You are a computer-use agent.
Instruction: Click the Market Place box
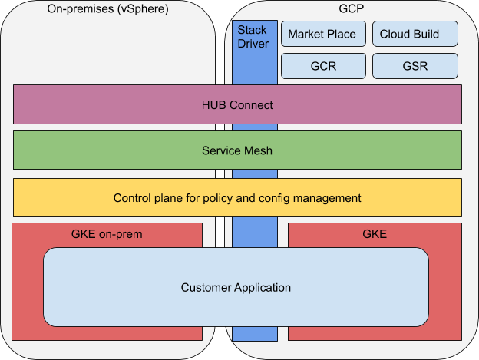(x=322, y=35)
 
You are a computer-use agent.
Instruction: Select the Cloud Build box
(x=415, y=35)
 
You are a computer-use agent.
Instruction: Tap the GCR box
(x=322, y=66)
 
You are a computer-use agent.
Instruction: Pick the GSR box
(x=415, y=66)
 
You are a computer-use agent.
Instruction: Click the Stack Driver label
(x=253, y=36)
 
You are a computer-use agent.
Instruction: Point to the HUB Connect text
(x=236, y=104)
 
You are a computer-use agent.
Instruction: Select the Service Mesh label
(x=236, y=150)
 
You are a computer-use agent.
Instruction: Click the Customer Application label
(x=236, y=288)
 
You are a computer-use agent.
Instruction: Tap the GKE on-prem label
(x=107, y=233)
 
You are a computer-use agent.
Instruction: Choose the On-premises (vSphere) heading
(x=107, y=9)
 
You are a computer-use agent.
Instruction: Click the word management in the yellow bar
(x=325, y=197)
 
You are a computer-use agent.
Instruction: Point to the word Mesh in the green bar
(x=257, y=150)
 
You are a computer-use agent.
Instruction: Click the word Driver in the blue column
(x=253, y=43)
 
